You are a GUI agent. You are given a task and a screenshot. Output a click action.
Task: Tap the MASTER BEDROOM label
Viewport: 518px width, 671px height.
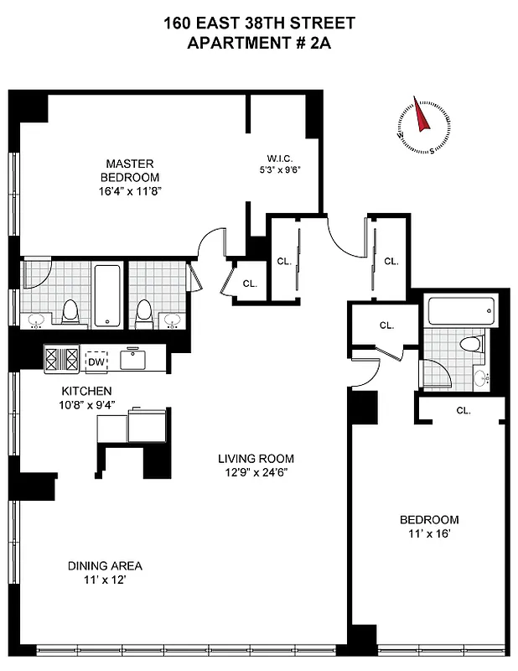(x=129, y=170)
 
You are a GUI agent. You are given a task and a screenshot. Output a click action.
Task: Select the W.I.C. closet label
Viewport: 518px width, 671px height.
(x=278, y=159)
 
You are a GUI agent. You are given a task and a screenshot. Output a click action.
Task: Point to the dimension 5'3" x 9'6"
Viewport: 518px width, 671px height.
(x=278, y=171)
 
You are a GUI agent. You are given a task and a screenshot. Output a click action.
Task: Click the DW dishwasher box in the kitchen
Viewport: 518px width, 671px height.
(x=96, y=361)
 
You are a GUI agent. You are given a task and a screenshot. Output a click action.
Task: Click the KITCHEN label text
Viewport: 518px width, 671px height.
(x=86, y=391)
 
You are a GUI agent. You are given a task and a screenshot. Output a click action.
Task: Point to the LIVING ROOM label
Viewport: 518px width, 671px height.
(x=256, y=459)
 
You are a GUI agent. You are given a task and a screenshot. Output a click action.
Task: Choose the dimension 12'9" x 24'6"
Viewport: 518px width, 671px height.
(x=256, y=471)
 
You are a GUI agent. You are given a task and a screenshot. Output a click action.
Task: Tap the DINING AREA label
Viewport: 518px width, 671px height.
(x=100, y=565)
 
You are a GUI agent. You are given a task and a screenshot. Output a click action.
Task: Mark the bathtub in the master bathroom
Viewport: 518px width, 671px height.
(x=108, y=295)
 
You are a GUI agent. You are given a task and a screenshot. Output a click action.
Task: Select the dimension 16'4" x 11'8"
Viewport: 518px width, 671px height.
(x=129, y=190)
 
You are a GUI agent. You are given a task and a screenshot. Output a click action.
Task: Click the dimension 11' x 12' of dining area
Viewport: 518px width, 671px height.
(x=100, y=579)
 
